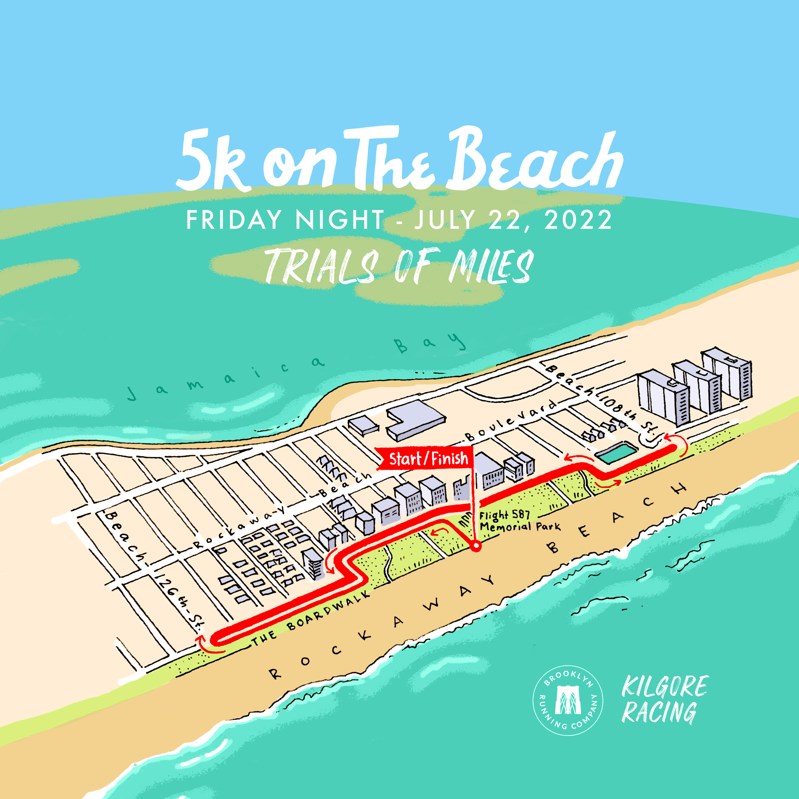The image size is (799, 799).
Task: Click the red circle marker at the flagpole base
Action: (477, 547)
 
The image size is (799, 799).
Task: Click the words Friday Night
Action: (285, 220)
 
